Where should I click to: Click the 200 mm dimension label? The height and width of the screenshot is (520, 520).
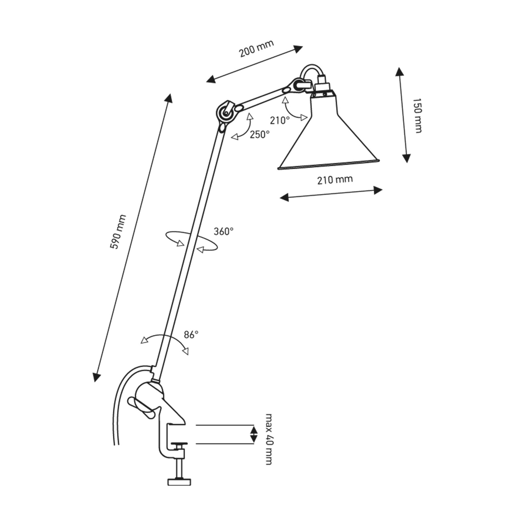[x=256, y=48]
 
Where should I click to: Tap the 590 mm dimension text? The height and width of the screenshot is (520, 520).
[x=118, y=232]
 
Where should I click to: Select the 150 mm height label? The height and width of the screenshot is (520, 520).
[x=418, y=115]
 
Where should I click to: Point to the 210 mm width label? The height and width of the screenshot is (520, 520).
[x=335, y=180]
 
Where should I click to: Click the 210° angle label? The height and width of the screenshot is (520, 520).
[x=279, y=120]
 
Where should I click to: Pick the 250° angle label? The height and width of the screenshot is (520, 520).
[x=259, y=134]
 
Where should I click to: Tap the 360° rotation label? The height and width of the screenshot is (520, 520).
[x=224, y=231]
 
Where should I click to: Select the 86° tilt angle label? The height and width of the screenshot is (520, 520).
[x=191, y=334]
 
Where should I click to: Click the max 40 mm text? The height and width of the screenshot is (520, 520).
[x=268, y=439]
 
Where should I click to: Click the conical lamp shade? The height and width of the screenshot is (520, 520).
[x=325, y=140]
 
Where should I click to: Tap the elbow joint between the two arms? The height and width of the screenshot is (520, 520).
[x=225, y=113]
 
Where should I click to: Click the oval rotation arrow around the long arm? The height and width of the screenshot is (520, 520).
[x=191, y=241]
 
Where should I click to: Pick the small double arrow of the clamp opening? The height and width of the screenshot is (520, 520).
[x=254, y=435]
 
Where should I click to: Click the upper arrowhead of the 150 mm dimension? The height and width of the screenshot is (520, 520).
[x=399, y=71]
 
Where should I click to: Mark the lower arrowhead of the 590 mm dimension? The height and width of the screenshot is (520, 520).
[x=96, y=377]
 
